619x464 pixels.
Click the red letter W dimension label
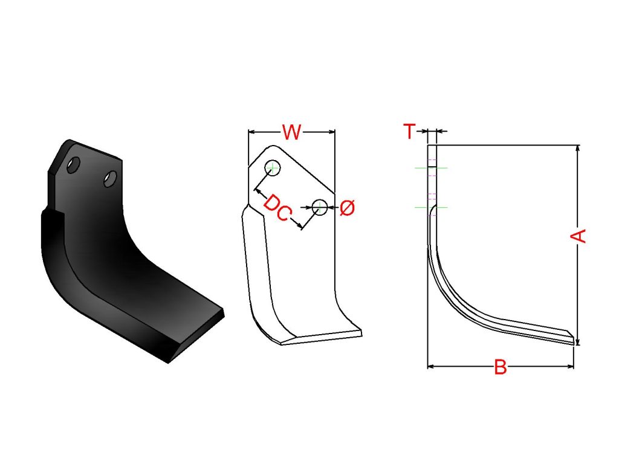(291, 132)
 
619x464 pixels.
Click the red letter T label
(409, 131)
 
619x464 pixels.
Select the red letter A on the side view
(578, 236)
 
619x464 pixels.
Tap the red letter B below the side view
(501, 367)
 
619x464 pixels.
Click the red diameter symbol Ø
(347, 208)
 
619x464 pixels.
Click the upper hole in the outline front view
(273, 168)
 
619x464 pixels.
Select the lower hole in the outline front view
(320, 207)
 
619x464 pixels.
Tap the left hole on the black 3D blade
(74, 165)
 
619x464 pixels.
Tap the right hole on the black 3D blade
(110, 179)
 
